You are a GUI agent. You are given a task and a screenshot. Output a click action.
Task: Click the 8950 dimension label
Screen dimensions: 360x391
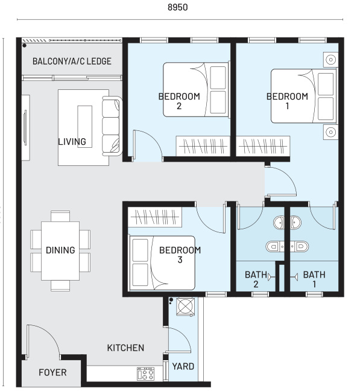(178, 7)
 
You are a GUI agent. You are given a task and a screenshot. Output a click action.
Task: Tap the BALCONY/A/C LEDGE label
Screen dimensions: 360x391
(72, 62)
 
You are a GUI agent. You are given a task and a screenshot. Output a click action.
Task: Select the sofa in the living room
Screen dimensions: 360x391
(112, 126)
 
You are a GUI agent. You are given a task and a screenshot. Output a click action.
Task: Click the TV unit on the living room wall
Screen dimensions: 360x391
(25, 127)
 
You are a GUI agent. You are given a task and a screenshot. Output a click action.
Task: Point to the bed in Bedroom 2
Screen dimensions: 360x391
(196, 89)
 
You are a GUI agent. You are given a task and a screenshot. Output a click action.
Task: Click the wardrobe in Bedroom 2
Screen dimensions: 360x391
(203, 146)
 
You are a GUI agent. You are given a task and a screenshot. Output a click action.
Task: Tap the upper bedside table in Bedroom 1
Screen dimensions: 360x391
(330, 60)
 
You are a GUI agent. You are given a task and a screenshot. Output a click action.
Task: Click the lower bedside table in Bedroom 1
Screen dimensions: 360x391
(330, 132)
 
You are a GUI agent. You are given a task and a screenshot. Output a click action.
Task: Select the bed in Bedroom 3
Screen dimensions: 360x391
(162, 263)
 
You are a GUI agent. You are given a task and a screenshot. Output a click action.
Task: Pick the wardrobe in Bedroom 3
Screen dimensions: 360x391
(155, 217)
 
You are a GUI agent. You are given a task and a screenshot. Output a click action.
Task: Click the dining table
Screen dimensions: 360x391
(60, 251)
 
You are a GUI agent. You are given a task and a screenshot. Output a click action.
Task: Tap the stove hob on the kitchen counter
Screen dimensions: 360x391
(145, 374)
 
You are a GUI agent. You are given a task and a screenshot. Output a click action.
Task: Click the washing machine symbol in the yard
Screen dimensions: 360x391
(186, 307)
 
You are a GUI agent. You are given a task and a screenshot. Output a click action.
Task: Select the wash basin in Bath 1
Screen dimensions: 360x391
(295, 222)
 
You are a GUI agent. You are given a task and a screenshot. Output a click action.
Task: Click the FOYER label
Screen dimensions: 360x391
(52, 372)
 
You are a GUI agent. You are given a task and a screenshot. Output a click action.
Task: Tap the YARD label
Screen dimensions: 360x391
(183, 366)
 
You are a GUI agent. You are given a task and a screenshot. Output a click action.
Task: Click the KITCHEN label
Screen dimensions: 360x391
(125, 348)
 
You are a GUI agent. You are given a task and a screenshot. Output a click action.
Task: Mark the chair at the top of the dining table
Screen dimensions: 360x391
(60, 216)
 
